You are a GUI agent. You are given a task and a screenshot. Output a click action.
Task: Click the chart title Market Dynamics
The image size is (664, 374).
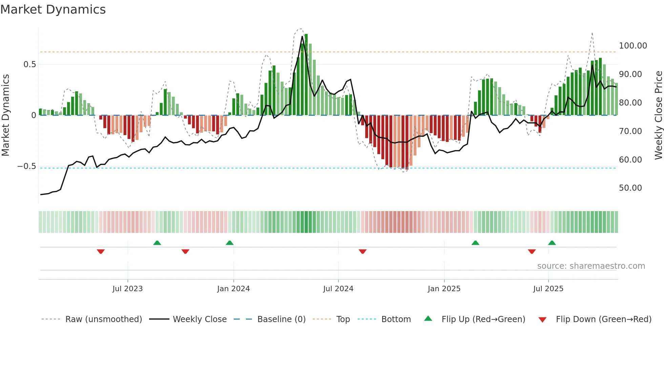click(53, 10)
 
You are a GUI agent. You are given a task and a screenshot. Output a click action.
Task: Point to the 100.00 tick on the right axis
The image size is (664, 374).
click(632, 46)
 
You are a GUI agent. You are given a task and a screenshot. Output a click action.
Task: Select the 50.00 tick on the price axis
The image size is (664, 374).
click(630, 188)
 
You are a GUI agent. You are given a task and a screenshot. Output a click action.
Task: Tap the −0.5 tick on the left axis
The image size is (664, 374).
click(26, 166)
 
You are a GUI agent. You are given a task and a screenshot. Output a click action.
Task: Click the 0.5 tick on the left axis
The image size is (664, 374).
click(29, 64)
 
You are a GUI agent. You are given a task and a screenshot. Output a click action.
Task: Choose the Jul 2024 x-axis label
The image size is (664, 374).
click(338, 289)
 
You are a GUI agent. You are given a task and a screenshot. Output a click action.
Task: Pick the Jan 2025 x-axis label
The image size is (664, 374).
click(444, 289)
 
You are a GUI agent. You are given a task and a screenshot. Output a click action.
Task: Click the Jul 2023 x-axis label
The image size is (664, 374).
click(127, 289)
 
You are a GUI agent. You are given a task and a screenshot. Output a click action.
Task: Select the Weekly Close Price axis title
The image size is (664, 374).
click(658, 115)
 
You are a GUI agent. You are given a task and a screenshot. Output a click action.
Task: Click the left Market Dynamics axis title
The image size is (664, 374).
click(5, 115)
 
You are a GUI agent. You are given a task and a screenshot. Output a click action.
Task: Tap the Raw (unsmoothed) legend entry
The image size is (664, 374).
click(103, 319)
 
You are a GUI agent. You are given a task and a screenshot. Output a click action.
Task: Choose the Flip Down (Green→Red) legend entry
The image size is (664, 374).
click(603, 319)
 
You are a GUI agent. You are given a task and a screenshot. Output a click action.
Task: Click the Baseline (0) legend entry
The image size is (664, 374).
click(281, 319)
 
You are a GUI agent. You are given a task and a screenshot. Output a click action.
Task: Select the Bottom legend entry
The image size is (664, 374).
click(396, 319)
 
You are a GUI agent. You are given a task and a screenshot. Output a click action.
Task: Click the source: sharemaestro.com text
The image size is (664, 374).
click(591, 266)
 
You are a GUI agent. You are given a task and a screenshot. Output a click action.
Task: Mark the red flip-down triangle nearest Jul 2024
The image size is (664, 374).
click(362, 251)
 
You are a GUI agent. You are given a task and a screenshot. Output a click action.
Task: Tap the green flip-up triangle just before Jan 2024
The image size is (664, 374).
click(230, 243)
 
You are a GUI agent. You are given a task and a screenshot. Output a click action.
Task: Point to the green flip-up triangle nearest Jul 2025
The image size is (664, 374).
click(552, 243)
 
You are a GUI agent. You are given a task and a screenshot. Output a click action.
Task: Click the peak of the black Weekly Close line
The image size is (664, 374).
click(302, 36)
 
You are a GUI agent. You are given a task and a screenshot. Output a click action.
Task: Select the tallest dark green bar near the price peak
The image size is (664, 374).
click(306, 75)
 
